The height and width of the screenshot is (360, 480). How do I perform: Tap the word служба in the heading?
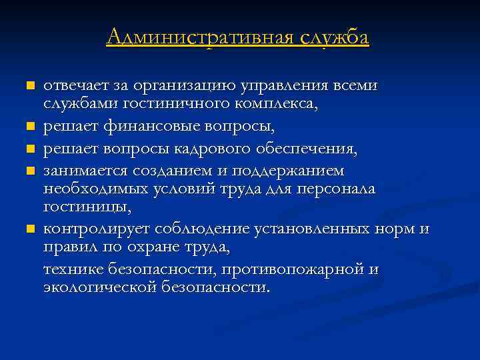pyautogui.click(x=334, y=37)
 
